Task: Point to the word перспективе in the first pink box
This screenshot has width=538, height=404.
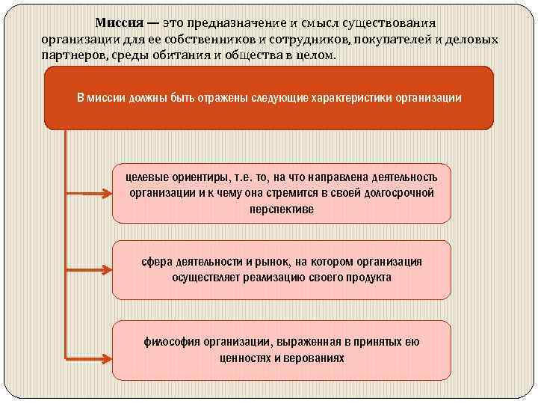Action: [282, 209]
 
